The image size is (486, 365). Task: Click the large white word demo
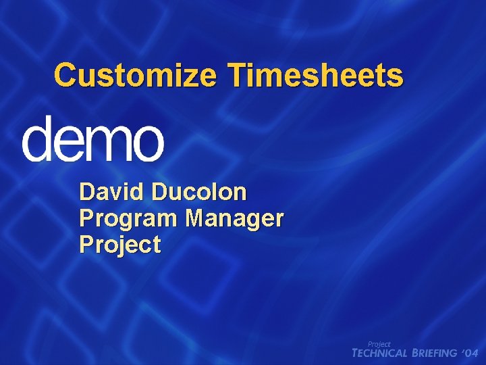[x=93, y=138]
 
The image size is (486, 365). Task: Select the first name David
[x=111, y=193]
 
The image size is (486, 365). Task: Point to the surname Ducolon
[x=199, y=193]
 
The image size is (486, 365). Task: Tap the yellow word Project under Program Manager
[x=120, y=245]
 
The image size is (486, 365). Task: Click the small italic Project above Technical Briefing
[x=379, y=344]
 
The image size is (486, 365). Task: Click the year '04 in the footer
[x=470, y=354]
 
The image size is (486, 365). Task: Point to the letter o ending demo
[x=146, y=143]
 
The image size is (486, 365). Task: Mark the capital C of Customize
[x=65, y=75]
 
